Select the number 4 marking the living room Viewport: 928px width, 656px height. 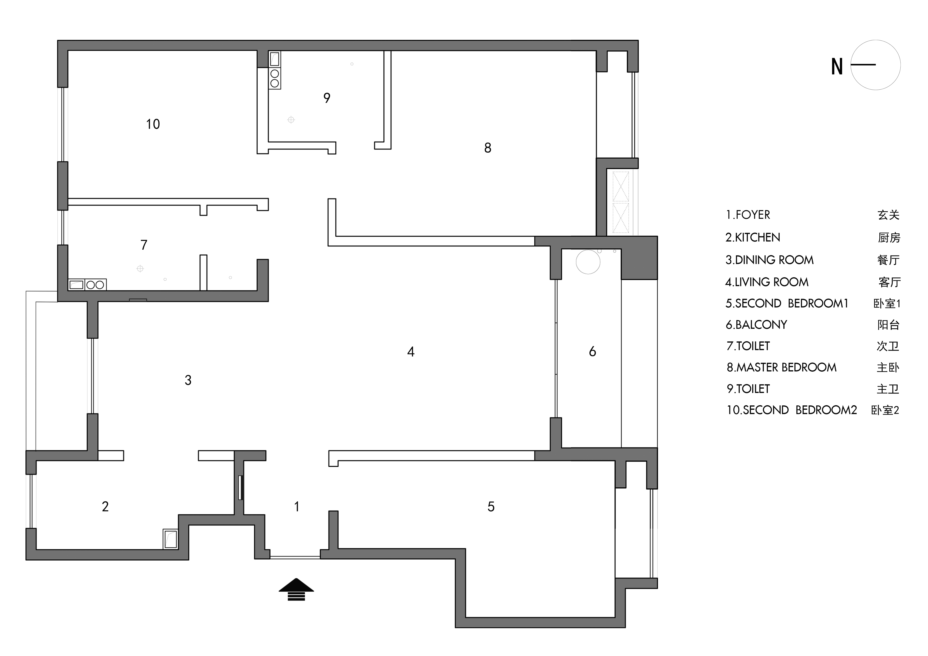[411, 352]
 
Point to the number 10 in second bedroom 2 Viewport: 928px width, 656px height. [153, 124]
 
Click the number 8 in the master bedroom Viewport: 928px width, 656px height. [488, 148]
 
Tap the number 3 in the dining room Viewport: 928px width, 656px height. [188, 380]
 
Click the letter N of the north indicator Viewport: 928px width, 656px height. [837, 67]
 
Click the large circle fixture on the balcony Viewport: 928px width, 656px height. [588, 262]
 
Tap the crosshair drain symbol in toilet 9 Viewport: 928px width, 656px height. [291, 120]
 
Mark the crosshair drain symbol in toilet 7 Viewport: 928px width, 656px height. [140, 269]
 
